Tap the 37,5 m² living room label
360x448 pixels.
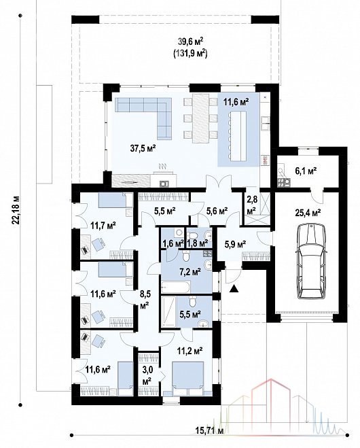[x=143, y=148]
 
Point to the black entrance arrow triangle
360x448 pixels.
[x=234, y=289]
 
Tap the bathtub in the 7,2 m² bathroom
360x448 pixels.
[x=175, y=288]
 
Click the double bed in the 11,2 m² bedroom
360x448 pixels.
[x=188, y=379]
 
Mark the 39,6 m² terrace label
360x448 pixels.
[x=190, y=41]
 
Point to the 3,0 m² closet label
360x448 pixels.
[x=147, y=375]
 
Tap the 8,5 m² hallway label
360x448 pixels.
[x=145, y=300]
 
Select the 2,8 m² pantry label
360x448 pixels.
[x=252, y=205]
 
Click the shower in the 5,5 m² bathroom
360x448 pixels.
[x=168, y=312]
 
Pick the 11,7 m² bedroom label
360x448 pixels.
[x=103, y=226]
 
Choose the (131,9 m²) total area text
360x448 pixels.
[x=190, y=54]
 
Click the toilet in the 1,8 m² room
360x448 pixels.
[x=193, y=235]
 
